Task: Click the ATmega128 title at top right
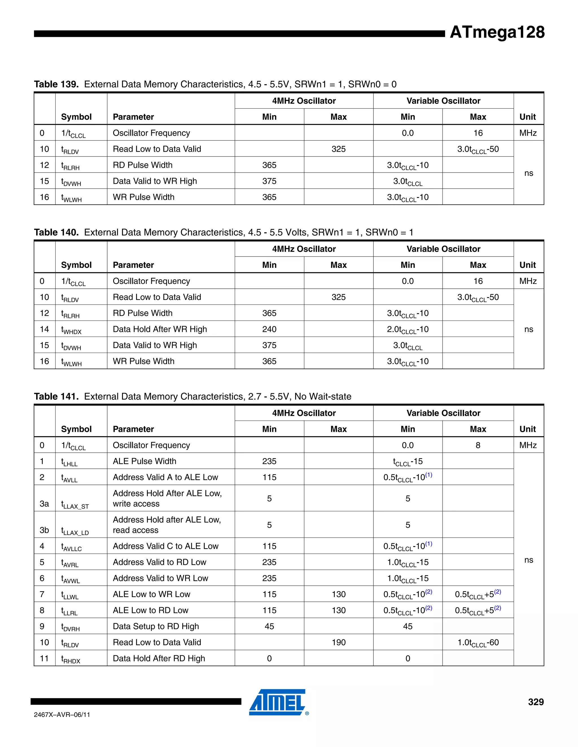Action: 497,32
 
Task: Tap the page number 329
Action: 536,702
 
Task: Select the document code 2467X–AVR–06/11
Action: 62,715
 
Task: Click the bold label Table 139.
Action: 56,84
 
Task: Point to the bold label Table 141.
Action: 56,396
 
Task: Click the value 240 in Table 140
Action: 269,329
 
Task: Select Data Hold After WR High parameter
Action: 160,329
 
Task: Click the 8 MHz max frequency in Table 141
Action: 478,445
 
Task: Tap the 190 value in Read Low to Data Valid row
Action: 338,642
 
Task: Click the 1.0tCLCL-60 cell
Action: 478,643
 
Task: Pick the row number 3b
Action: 44,530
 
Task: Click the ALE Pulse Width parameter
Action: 144,461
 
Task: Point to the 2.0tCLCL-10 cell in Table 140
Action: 408,329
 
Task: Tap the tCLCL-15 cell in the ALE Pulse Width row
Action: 408,461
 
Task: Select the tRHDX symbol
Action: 71,659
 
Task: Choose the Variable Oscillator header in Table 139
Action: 443,101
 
